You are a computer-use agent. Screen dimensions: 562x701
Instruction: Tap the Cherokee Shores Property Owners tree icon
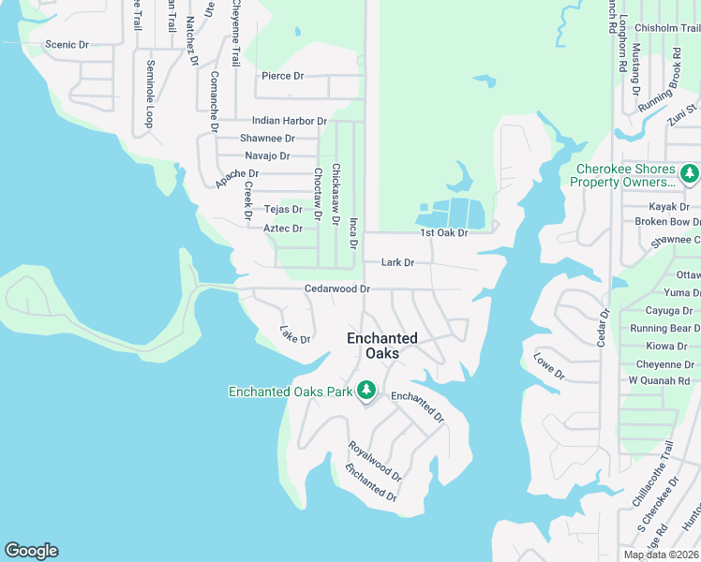pos(690,173)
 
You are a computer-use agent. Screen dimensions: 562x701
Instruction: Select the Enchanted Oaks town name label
pos(382,346)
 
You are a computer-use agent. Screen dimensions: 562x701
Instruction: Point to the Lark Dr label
pos(398,263)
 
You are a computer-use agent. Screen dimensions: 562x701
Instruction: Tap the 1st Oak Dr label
pos(443,232)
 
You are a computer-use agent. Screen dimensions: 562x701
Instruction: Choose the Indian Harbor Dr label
pos(289,121)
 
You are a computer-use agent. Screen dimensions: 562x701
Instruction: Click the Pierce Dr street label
pos(283,76)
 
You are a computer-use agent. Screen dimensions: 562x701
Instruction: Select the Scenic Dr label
pos(67,44)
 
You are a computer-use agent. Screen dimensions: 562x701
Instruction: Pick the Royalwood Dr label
pos(375,461)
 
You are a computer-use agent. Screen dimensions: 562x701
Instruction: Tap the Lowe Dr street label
pos(549,366)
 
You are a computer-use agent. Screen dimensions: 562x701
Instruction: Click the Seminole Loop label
pos(149,95)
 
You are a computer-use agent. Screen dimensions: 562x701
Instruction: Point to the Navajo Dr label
pos(267,155)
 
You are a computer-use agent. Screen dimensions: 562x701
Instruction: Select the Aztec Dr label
pos(283,229)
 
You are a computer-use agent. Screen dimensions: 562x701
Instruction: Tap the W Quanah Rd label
pos(658,380)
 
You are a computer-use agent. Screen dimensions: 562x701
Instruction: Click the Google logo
pos(31,551)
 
